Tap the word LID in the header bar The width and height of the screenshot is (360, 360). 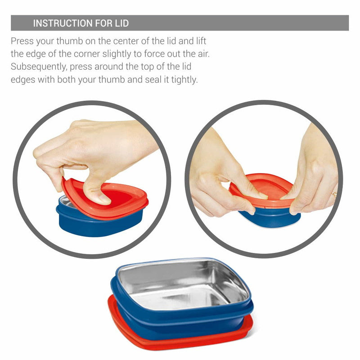121,23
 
